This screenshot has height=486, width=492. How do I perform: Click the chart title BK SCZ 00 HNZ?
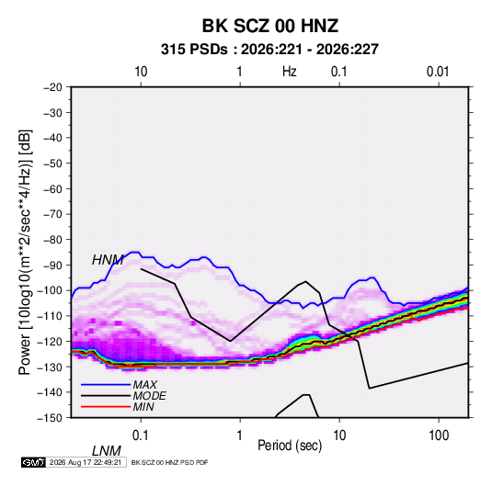pos(269,26)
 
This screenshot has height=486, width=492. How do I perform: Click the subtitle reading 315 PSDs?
pos(194,50)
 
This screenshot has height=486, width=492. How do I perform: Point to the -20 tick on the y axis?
pos(52,87)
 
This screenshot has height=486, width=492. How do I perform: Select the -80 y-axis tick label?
pos(52,240)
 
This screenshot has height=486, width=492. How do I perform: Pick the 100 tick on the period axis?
pos(439,435)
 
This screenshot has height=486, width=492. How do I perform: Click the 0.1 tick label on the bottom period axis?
pos(141,435)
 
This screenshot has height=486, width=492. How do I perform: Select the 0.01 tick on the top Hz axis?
pos(438,72)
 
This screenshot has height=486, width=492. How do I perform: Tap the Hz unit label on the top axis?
pos(290,72)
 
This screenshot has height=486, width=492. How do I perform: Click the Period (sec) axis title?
pos(290,446)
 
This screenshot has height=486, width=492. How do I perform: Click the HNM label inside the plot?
pos(108,260)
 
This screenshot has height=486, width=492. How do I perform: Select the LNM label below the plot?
pos(107,451)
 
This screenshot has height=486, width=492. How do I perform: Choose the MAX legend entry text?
pos(145,385)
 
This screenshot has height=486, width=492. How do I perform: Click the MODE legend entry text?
pos(149,396)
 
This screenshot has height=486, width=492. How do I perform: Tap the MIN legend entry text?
pos(143,407)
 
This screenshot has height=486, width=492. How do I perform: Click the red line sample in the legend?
pos(106,407)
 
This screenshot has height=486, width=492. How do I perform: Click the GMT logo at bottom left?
pos(34,462)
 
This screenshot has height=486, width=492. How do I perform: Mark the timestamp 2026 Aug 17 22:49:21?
pos(86,462)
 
